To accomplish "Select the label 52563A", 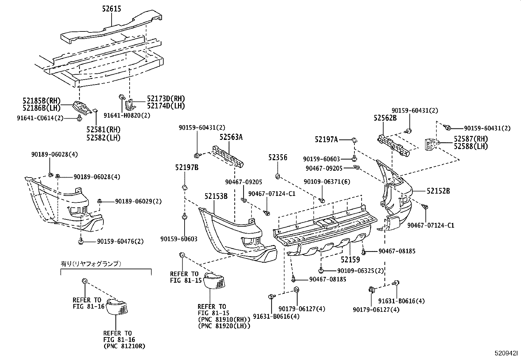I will point(231,137).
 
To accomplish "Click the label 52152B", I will point(438,191).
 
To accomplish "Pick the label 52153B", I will point(216,196).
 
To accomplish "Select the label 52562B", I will point(385,118).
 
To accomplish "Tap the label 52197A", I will point(326,140).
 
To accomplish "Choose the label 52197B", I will point(187,168).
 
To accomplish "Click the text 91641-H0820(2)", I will point(127,115).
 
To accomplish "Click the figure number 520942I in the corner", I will point(506,353).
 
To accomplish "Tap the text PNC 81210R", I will point(124,346).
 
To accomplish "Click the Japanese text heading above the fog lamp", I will point(91,263).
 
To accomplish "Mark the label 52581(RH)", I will point(103,130).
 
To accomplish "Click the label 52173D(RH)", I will point(166,99).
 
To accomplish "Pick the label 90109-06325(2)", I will point(360,271).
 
